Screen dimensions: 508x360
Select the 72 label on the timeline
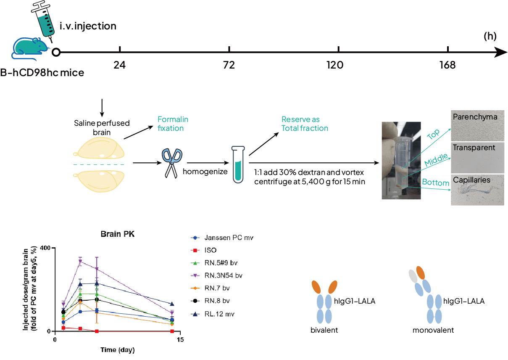pos(229,65)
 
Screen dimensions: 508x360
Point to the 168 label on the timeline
pos(447,65)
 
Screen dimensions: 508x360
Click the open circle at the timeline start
pos(56,52)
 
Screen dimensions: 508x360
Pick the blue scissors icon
pos(172,163)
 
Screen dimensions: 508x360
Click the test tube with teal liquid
pos(238,164)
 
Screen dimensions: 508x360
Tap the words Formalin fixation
pos(173,124)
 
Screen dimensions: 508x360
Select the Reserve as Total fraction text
pos(305,124)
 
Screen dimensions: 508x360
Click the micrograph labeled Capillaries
pos(477,190)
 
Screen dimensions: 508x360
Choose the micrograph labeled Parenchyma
pos(477,126)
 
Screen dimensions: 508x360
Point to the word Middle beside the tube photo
pos(436,159)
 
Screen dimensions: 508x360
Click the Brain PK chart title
pos(118,234)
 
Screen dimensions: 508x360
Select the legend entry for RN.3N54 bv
pos(217,275)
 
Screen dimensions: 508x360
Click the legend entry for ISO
pos(204,250)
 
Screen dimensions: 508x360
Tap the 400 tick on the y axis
pos(45,248)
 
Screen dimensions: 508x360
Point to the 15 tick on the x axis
pos(180,340)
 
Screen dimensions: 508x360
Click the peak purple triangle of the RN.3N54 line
pos(80,261)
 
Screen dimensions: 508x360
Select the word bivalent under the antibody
pos(324,330)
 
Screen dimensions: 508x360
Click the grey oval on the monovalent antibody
pos(413,276)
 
